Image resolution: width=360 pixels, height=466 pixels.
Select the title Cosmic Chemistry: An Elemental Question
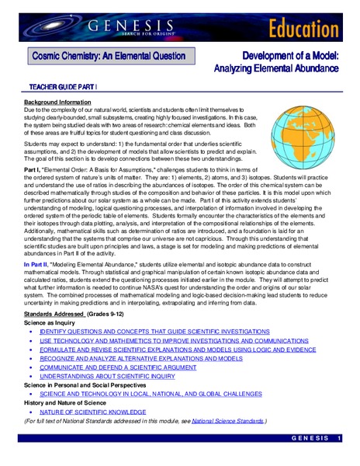pos(108,56)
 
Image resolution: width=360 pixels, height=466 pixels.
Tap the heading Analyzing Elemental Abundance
pos(276,68)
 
